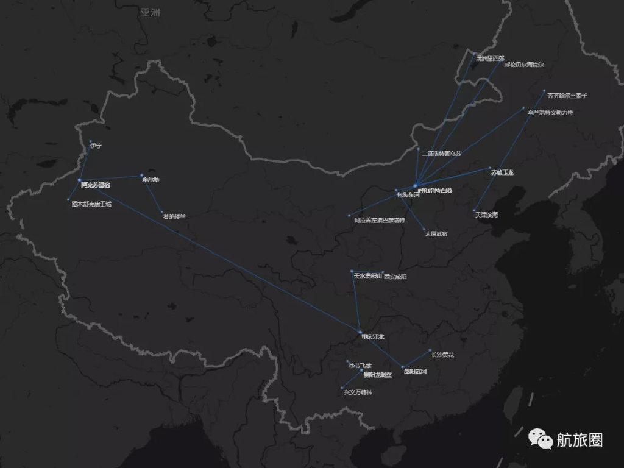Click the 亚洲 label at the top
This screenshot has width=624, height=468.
point(150,12)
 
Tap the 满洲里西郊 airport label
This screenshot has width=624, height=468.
point(491,58)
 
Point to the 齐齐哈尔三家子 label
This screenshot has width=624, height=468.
point(567,96)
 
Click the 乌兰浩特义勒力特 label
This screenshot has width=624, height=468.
point(550,113)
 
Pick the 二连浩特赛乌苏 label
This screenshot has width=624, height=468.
point(442,153)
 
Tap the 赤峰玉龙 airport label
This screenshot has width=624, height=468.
point(502,173)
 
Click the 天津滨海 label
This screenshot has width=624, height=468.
point(486,215)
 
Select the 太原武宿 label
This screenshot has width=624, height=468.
point(436,233)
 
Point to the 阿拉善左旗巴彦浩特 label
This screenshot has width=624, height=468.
point(379,220)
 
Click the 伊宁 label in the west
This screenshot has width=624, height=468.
point(96,146)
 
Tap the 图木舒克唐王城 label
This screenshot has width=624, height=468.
point(92,204)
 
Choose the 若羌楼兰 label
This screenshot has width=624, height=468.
point(174,216)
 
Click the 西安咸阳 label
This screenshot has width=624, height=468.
point(395,277)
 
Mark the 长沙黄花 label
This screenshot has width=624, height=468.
point(442,354)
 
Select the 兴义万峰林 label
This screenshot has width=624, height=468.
point(358,392)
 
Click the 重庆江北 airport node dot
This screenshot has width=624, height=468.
point(360,331)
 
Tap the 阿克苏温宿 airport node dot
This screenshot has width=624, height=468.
point(80,180)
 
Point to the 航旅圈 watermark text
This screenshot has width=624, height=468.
point(580,439)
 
